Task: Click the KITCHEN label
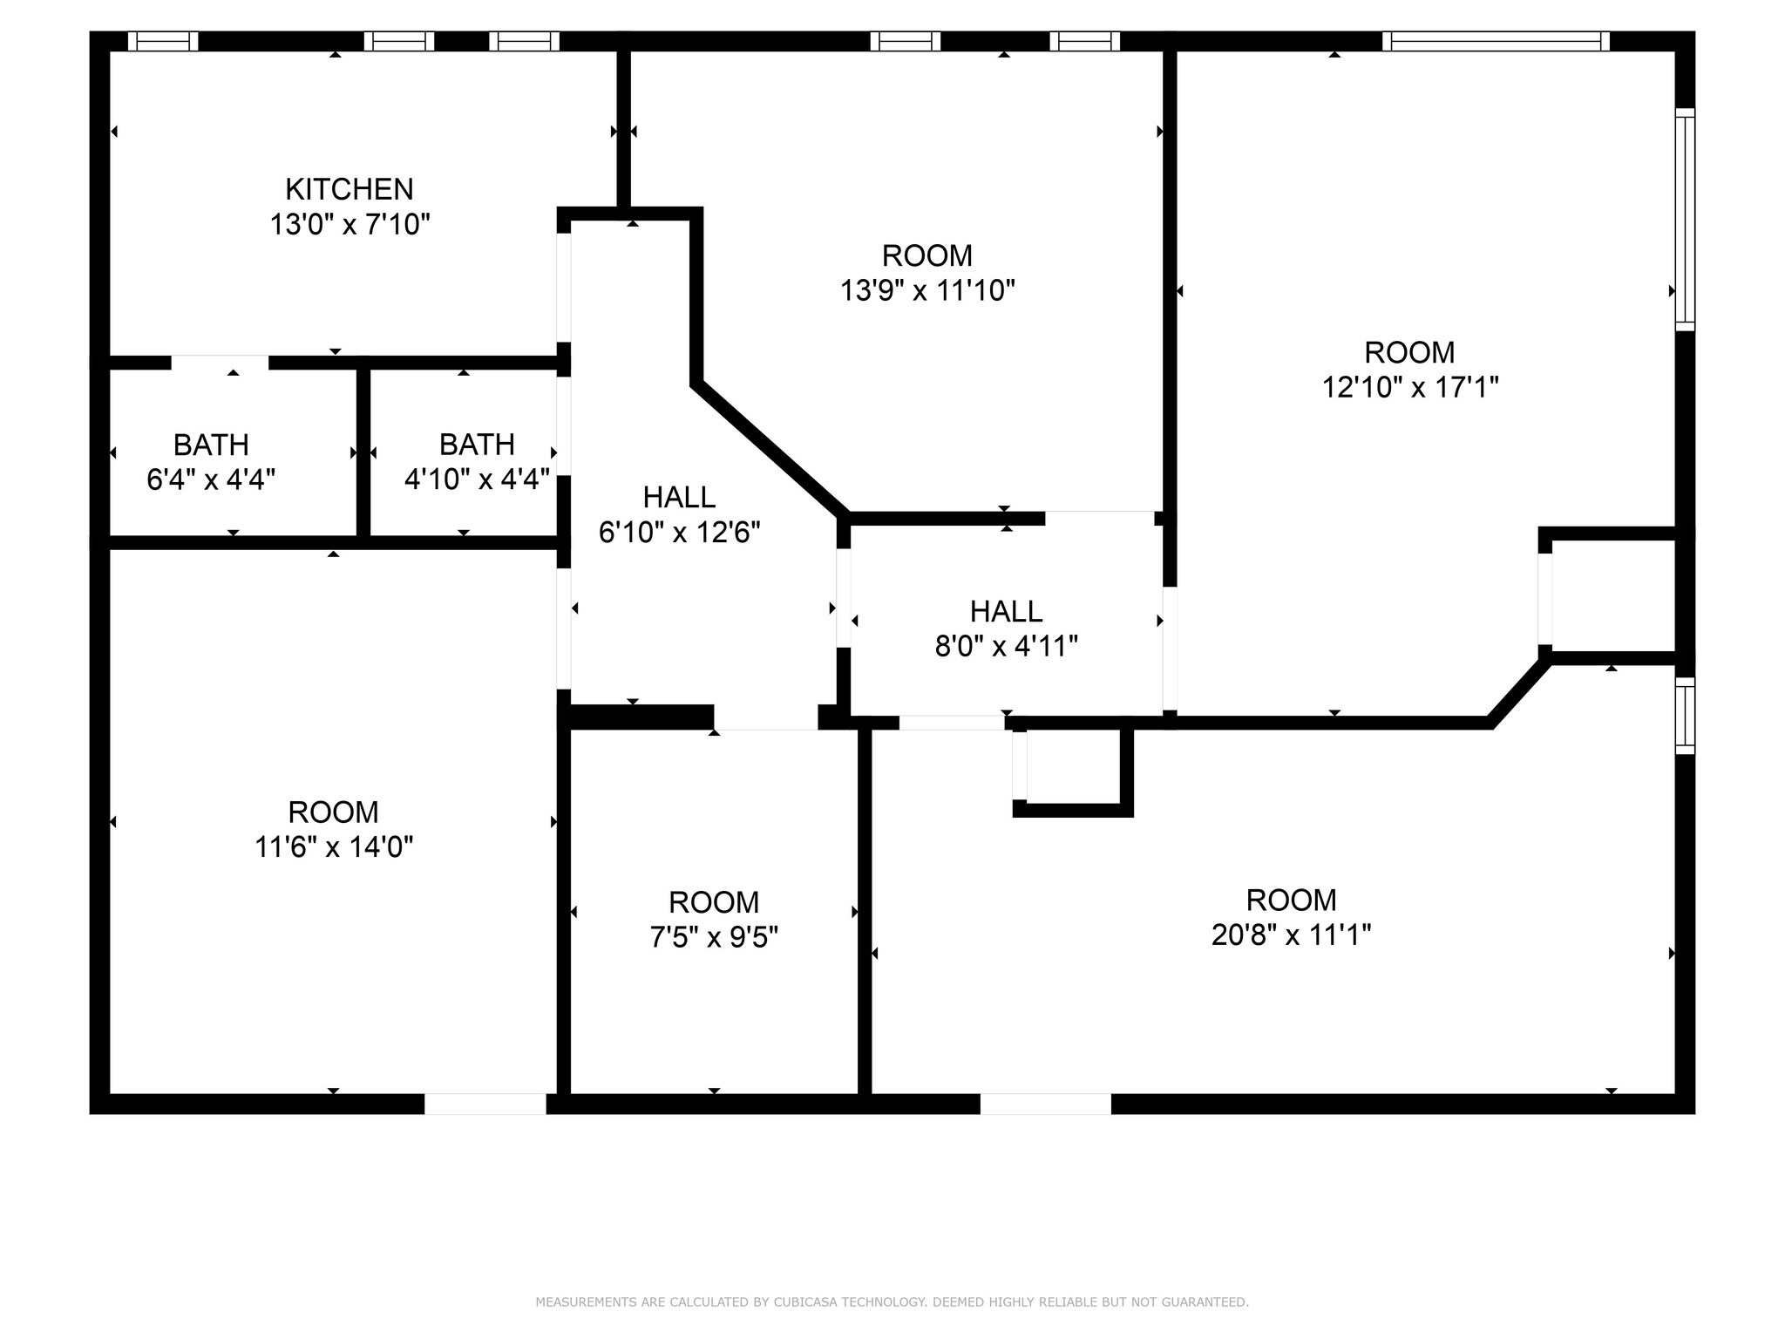click(350, 189)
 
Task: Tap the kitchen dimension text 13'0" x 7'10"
click(350, 225)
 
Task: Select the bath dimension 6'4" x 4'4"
click(211, 479)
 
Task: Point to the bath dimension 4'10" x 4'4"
click(477, 479)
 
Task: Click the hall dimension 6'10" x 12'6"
click(680, 532)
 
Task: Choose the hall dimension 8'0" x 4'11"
click(1007, 646)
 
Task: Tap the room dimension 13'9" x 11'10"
click(927, 290)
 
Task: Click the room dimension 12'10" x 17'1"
click(1410, 387)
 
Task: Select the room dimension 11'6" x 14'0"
click(334, 846)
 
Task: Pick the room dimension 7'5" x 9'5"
click(714, 937)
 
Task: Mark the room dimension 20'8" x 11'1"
click(1291, 935)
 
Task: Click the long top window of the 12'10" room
click(1496, 41)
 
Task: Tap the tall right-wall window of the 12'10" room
click(1686, 220)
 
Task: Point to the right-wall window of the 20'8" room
click(1686, 716)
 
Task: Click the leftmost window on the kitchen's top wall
click(163, 41)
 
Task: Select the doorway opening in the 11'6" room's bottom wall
click(485, 1104)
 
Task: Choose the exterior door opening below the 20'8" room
click(1046, 1104)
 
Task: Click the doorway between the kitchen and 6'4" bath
click(220, 363)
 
